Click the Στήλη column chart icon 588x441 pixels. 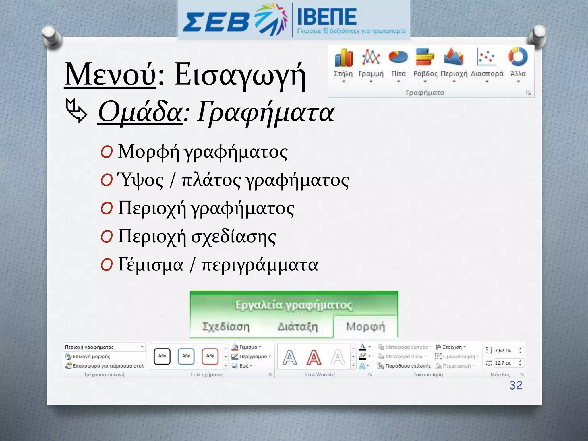coord(343,58)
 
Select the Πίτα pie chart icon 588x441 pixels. coord(398,57)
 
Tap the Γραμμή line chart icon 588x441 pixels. coord(371,57)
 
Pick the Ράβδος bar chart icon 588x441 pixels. coord(425,57)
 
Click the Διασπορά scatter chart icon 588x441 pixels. coord(487,57)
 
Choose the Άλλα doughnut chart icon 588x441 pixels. coord(518,57)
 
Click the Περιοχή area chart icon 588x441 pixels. coord(454,57)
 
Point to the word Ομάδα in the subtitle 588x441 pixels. coord(140,112)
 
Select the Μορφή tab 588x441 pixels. coord(365,327)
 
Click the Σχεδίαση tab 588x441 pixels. coord(226,327)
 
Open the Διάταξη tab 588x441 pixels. coord(298,327)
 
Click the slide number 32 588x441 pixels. coord(516,385)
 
